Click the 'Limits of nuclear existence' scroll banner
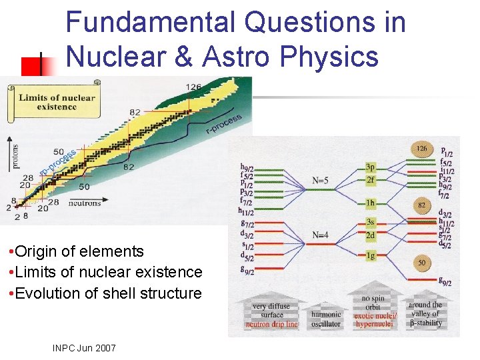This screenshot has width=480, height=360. click(56, 102)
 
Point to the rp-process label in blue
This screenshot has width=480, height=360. click(57, 163)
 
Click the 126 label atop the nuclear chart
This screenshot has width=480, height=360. click(193, 87)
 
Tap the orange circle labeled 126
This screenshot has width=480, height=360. click(422, 148)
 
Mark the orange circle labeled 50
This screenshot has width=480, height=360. click(422, 263)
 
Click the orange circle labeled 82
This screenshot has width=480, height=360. click(422, 206)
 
